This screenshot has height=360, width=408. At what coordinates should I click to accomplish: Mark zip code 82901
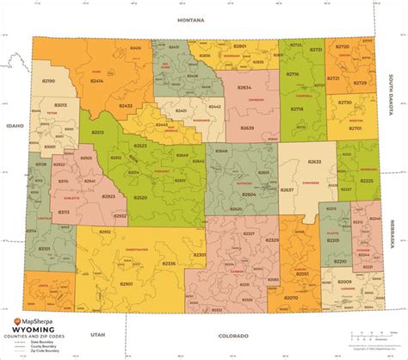coord(126,282)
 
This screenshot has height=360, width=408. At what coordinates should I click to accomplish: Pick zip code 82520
coord(140,197)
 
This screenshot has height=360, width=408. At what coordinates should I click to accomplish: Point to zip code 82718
coord(297,110)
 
